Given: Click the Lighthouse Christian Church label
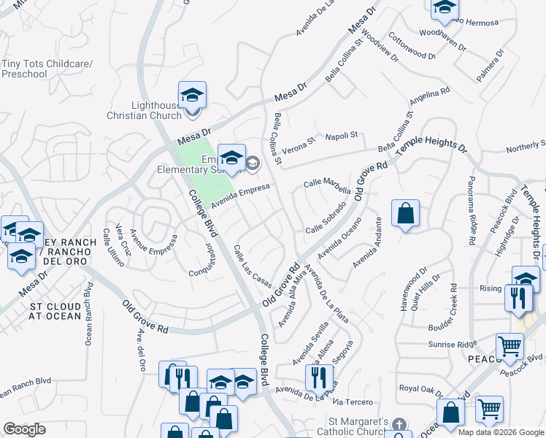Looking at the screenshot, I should point(144,110).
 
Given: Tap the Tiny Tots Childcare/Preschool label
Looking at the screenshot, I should point(47,69).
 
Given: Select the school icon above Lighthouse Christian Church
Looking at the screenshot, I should point(192,96).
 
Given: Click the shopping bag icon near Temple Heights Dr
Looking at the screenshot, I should point(405,214).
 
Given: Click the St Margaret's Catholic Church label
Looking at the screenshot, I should point(358,427).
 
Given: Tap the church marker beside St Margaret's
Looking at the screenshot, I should point(399,424).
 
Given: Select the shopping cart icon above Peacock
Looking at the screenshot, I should point(510,346).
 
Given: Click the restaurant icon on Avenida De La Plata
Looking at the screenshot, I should point(318,377).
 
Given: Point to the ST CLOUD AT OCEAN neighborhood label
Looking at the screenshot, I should point(55,310).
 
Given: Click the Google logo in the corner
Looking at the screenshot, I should point(24,429).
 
